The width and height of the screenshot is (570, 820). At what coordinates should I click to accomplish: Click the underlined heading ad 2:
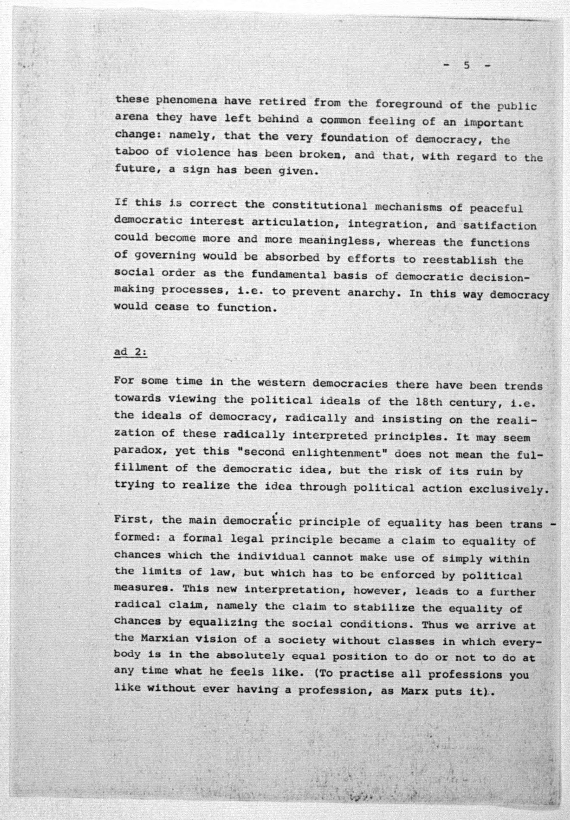pyautogui.click(x=130, y=352)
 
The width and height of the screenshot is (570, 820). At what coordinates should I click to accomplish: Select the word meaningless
pyautogui.click(x=337, y=240)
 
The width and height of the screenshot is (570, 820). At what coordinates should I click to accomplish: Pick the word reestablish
pyautogui.click(x=460, y=260)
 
